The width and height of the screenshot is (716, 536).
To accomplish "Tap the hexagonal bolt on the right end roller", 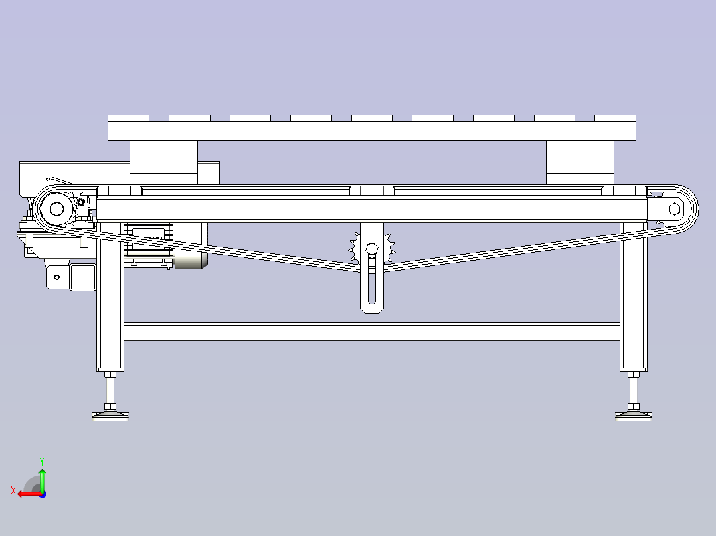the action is coord(674,209).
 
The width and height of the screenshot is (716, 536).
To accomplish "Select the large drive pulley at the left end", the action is coord(56,209).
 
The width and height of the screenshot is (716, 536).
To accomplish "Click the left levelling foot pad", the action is coord(110,415).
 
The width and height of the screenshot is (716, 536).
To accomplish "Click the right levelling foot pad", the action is coord(634,415).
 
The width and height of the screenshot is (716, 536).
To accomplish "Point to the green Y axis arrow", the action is coord(42,480).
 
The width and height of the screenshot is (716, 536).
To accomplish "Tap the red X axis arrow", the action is coord(30,494).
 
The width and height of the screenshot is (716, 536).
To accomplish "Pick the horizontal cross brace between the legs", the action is coord(372,332).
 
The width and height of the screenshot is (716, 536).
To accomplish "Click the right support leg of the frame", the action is coord(634,297).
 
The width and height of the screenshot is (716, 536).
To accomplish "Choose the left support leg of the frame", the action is coord(110,297).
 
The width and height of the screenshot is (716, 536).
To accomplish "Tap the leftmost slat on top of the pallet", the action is coord(128,118).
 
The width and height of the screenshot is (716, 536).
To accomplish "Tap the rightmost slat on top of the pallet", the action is coord(615,118).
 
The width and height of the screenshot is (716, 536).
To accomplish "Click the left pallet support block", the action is coord(163,163).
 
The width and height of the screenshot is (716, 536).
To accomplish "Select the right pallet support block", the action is coord(580,163).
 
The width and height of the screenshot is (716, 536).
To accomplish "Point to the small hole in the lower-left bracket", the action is coord(56,277).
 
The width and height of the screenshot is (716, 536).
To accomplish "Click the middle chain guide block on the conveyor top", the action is coord(372,190).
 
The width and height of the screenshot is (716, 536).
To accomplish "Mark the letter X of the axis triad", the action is coord(13,491).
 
